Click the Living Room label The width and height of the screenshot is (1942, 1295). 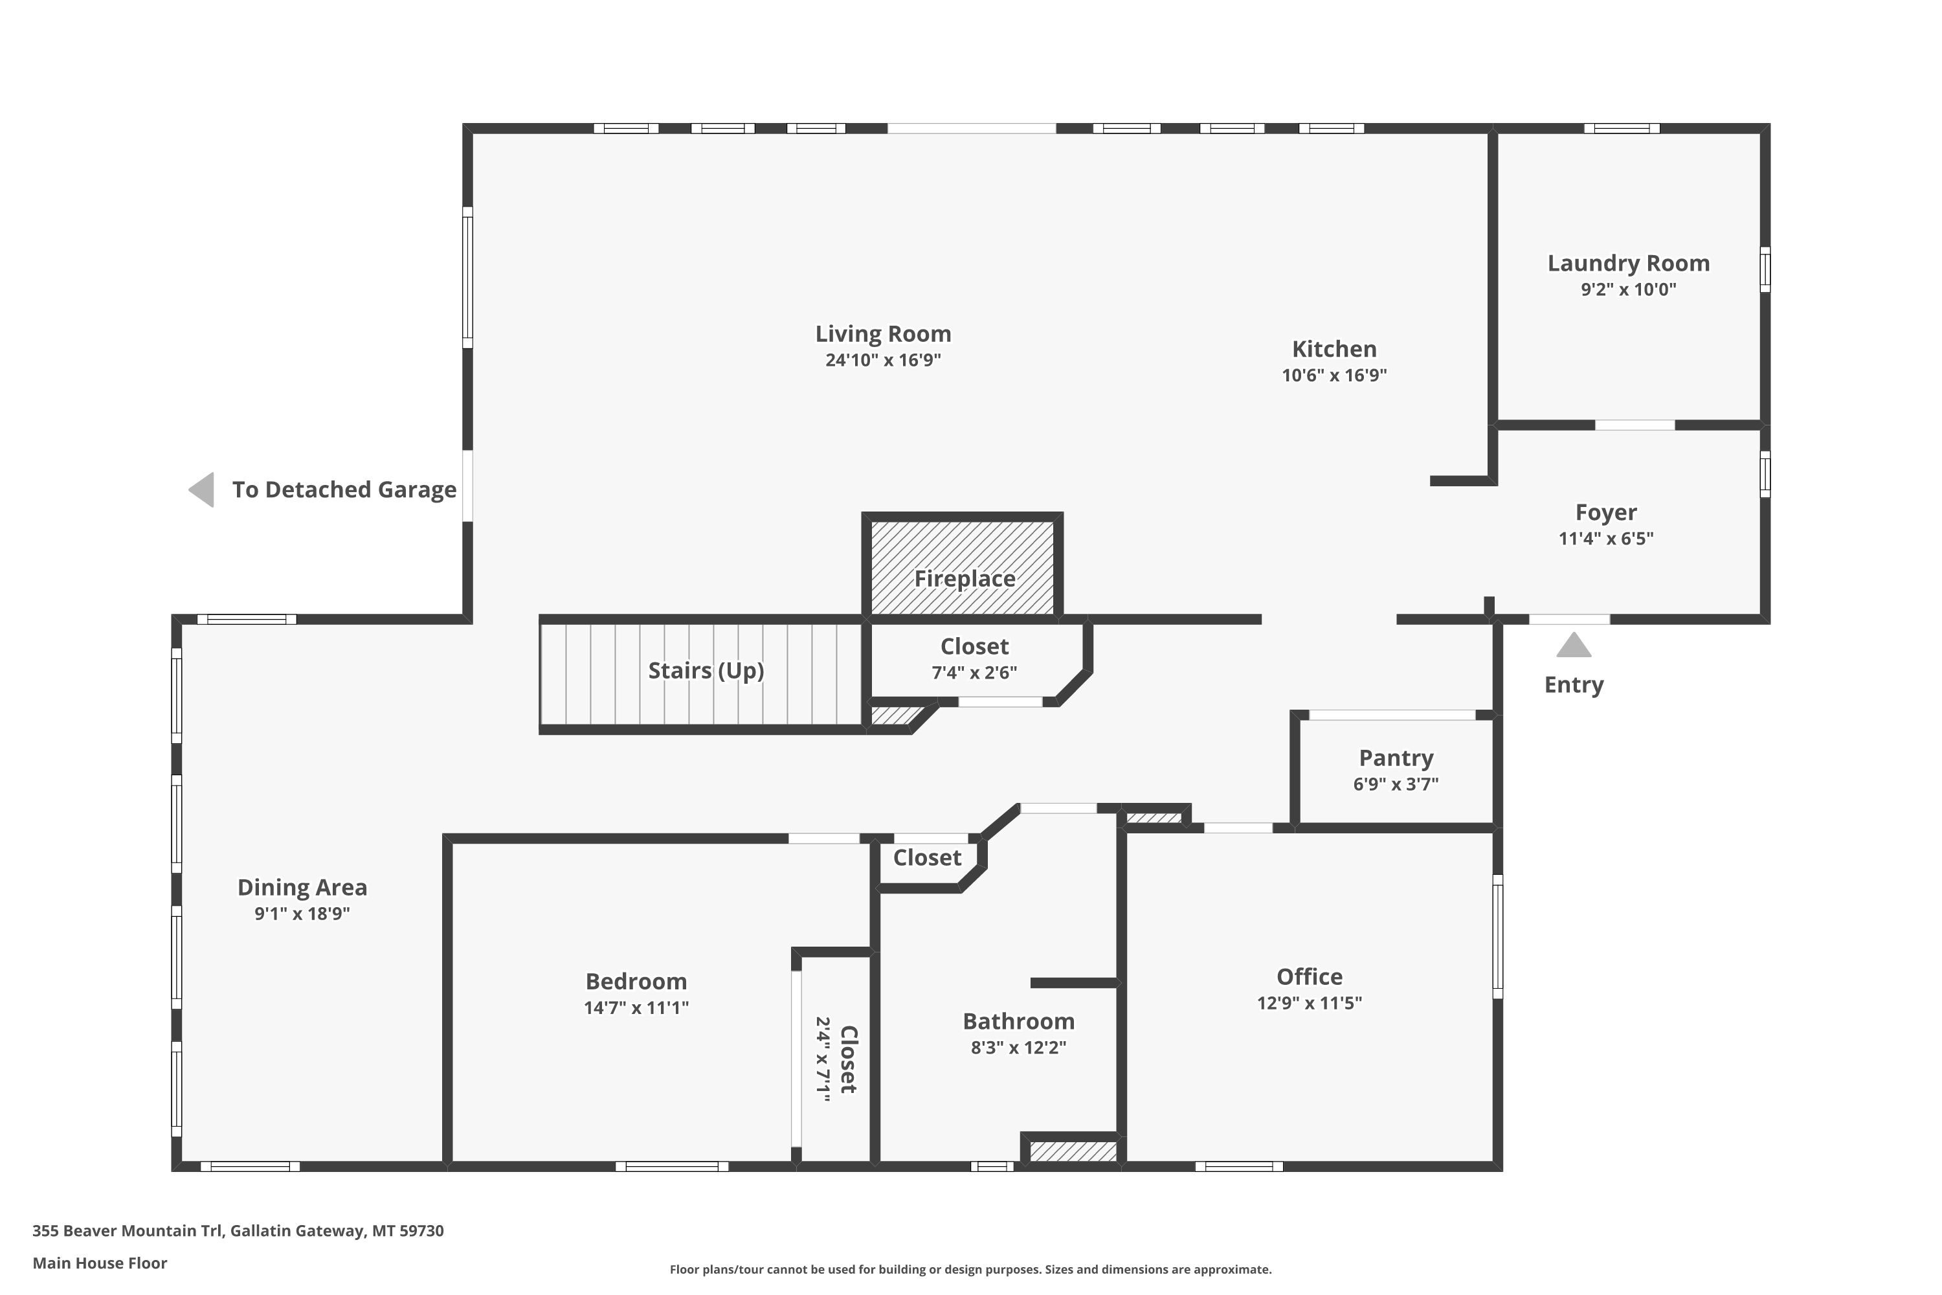click(x=883, y=333)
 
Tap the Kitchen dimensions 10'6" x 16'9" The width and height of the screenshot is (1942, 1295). click(x=1334, y=375)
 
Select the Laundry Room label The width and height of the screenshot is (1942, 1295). click(x=1628, y=264)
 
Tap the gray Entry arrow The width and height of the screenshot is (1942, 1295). click(x=1574, y=644)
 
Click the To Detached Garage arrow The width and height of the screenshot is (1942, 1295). click(x=201, y=490)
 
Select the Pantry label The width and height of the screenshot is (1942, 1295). click(x=1396, y=758)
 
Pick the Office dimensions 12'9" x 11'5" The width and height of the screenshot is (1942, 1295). click(x=1310, y=1002)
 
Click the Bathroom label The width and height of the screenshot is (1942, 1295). click(x=1019, y=1022)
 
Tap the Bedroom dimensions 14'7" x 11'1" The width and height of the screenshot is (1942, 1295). click(x=636, y=1008)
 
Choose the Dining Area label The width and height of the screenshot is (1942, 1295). click(x=302, y=888)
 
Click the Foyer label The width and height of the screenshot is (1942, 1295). click(x=1606, y=513)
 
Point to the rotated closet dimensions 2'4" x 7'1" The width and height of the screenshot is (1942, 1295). click(x=823, y=1059)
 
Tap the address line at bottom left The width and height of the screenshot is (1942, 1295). click(x=238, y=1231)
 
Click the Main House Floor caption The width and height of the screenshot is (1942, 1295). click(x=100, y=1263)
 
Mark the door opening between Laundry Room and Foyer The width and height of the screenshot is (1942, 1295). click(x=1635, y=425)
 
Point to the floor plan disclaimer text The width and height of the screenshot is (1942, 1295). click(x=970, y=1269)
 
